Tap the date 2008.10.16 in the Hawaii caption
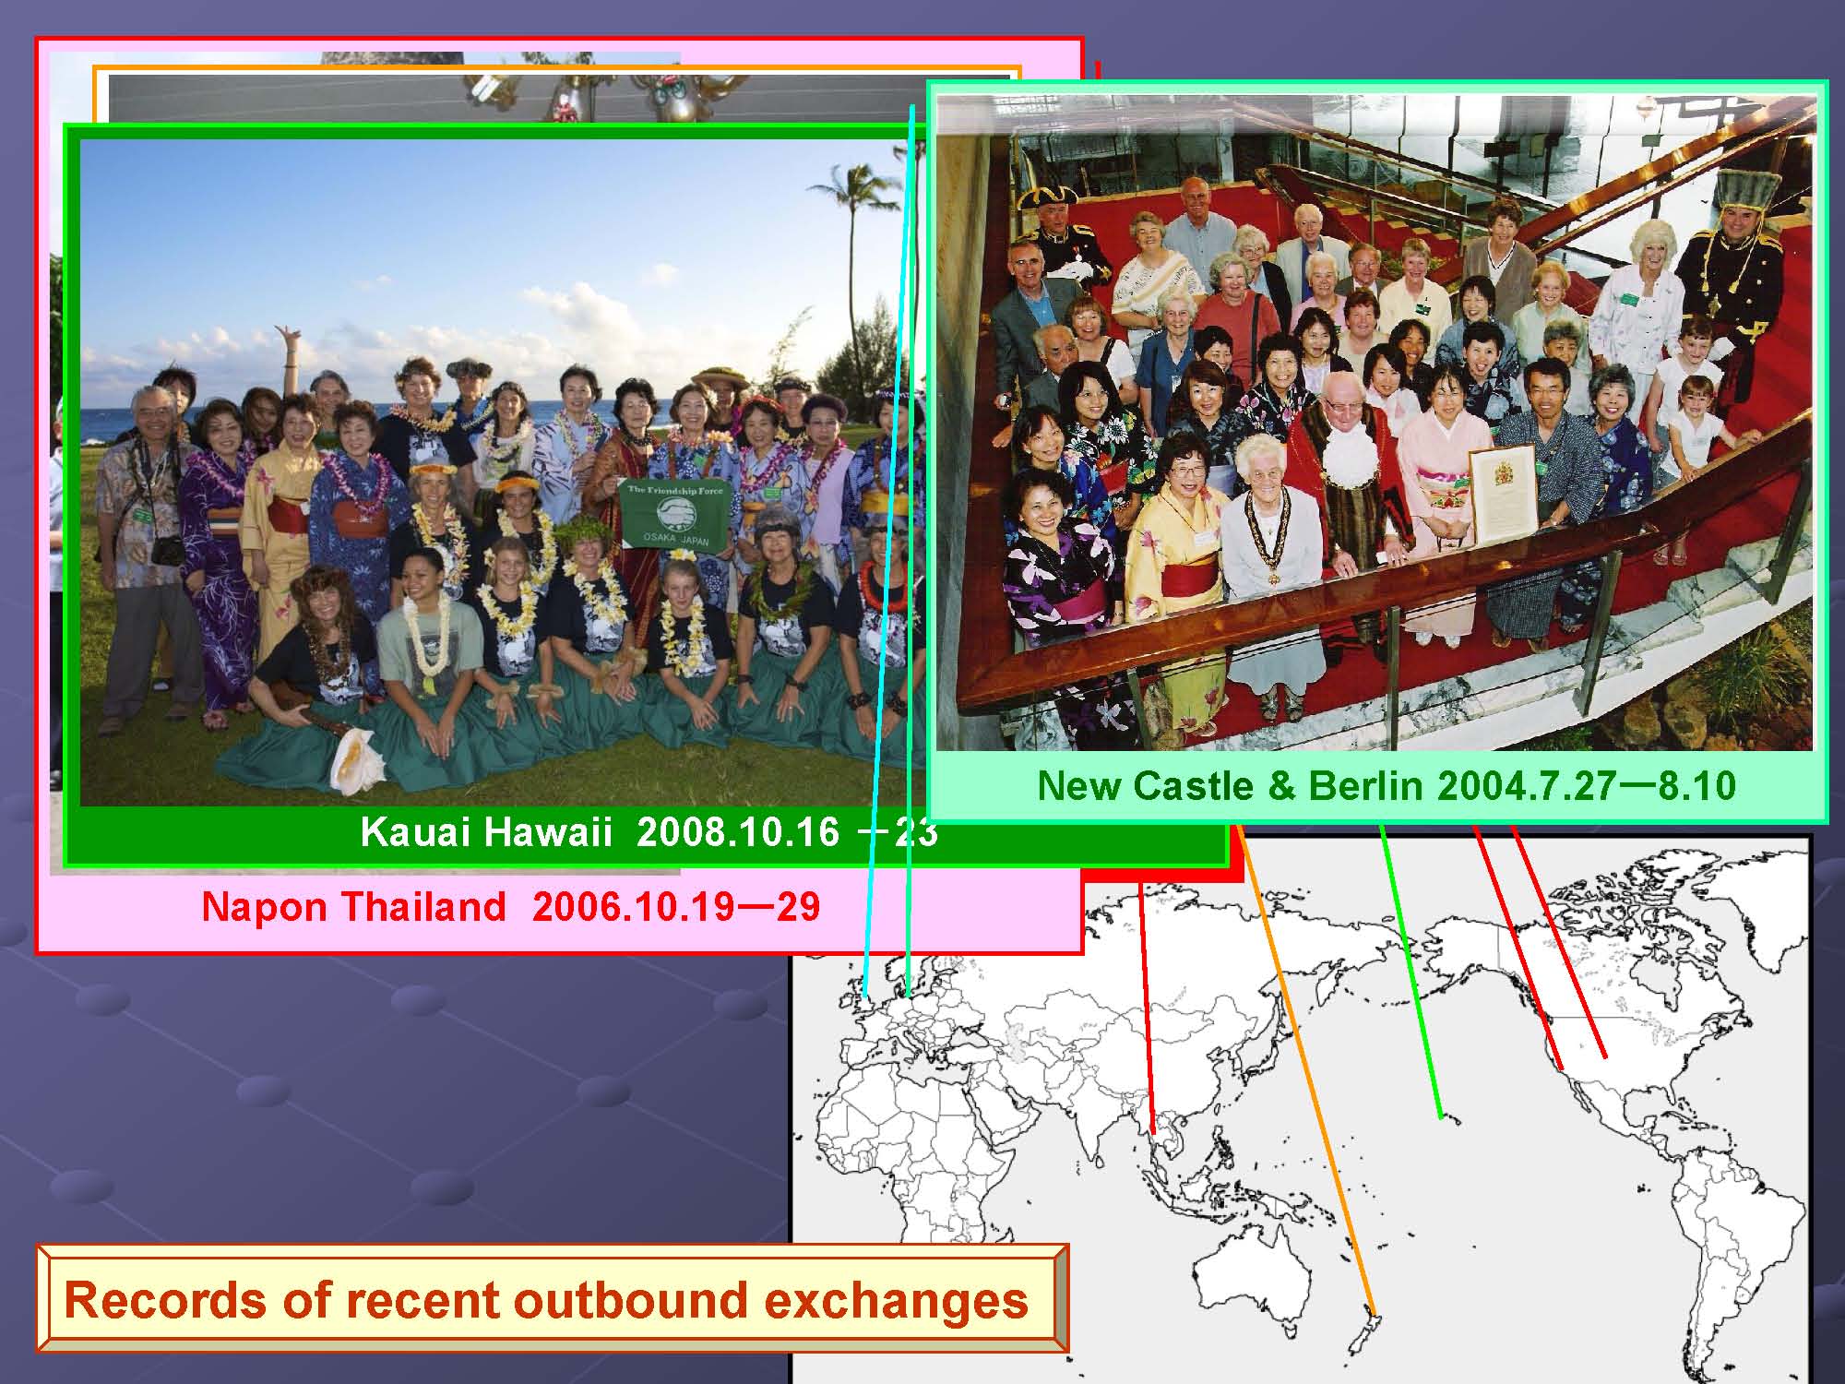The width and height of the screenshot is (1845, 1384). pos(738,832)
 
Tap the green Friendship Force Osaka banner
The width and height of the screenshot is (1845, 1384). pos(671,514)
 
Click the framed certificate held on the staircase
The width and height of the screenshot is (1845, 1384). pos(1503,495)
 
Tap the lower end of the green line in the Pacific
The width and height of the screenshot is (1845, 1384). pos(1440,1117)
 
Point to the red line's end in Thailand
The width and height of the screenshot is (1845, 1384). pos(1153,1132)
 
